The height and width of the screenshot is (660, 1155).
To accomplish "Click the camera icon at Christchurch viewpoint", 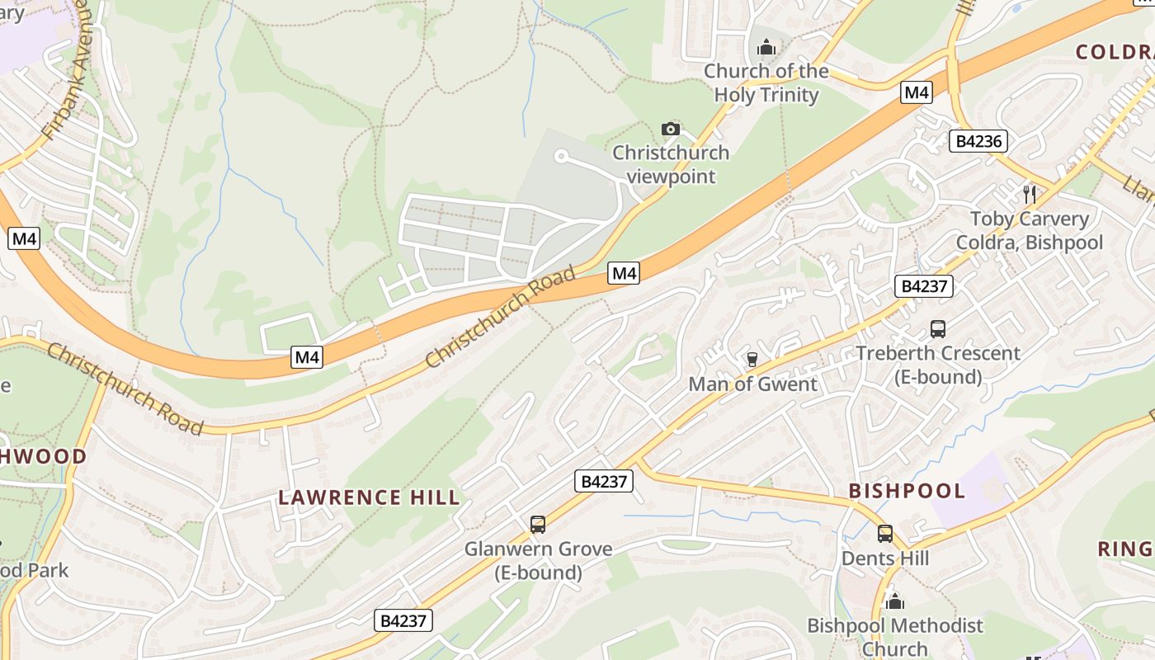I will point(671,129).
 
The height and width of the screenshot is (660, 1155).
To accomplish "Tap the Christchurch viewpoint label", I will point(670,164).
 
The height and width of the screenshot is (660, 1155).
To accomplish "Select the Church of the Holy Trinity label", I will point(766,83).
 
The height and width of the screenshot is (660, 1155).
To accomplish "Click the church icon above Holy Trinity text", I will point(766,47).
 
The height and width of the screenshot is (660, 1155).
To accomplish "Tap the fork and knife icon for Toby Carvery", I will point(1029,195).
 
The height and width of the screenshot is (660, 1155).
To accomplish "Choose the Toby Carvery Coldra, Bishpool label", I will point(1029,231).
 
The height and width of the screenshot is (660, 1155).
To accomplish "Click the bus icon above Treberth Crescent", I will point(938,329).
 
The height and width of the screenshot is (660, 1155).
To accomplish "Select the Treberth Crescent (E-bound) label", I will point(938,365).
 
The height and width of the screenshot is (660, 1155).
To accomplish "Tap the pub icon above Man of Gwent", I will point(752,359).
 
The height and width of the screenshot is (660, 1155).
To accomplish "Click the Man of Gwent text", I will point(752,384).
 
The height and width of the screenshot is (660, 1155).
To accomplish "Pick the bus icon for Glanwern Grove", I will point(538,524).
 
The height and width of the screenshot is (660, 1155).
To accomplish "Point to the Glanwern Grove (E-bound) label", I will point(538,560).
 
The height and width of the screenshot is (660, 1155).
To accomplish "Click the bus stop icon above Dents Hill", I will point(885,534).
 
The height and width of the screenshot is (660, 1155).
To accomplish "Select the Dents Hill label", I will point(885,559).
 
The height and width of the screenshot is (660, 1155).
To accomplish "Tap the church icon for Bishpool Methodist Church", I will point(895,601).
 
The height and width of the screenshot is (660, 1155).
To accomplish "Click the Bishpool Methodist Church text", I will point(895,637).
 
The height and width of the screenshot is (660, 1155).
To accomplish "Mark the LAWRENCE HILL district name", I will point(369,497).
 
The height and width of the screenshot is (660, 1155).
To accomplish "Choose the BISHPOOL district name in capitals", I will point(907,491).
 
